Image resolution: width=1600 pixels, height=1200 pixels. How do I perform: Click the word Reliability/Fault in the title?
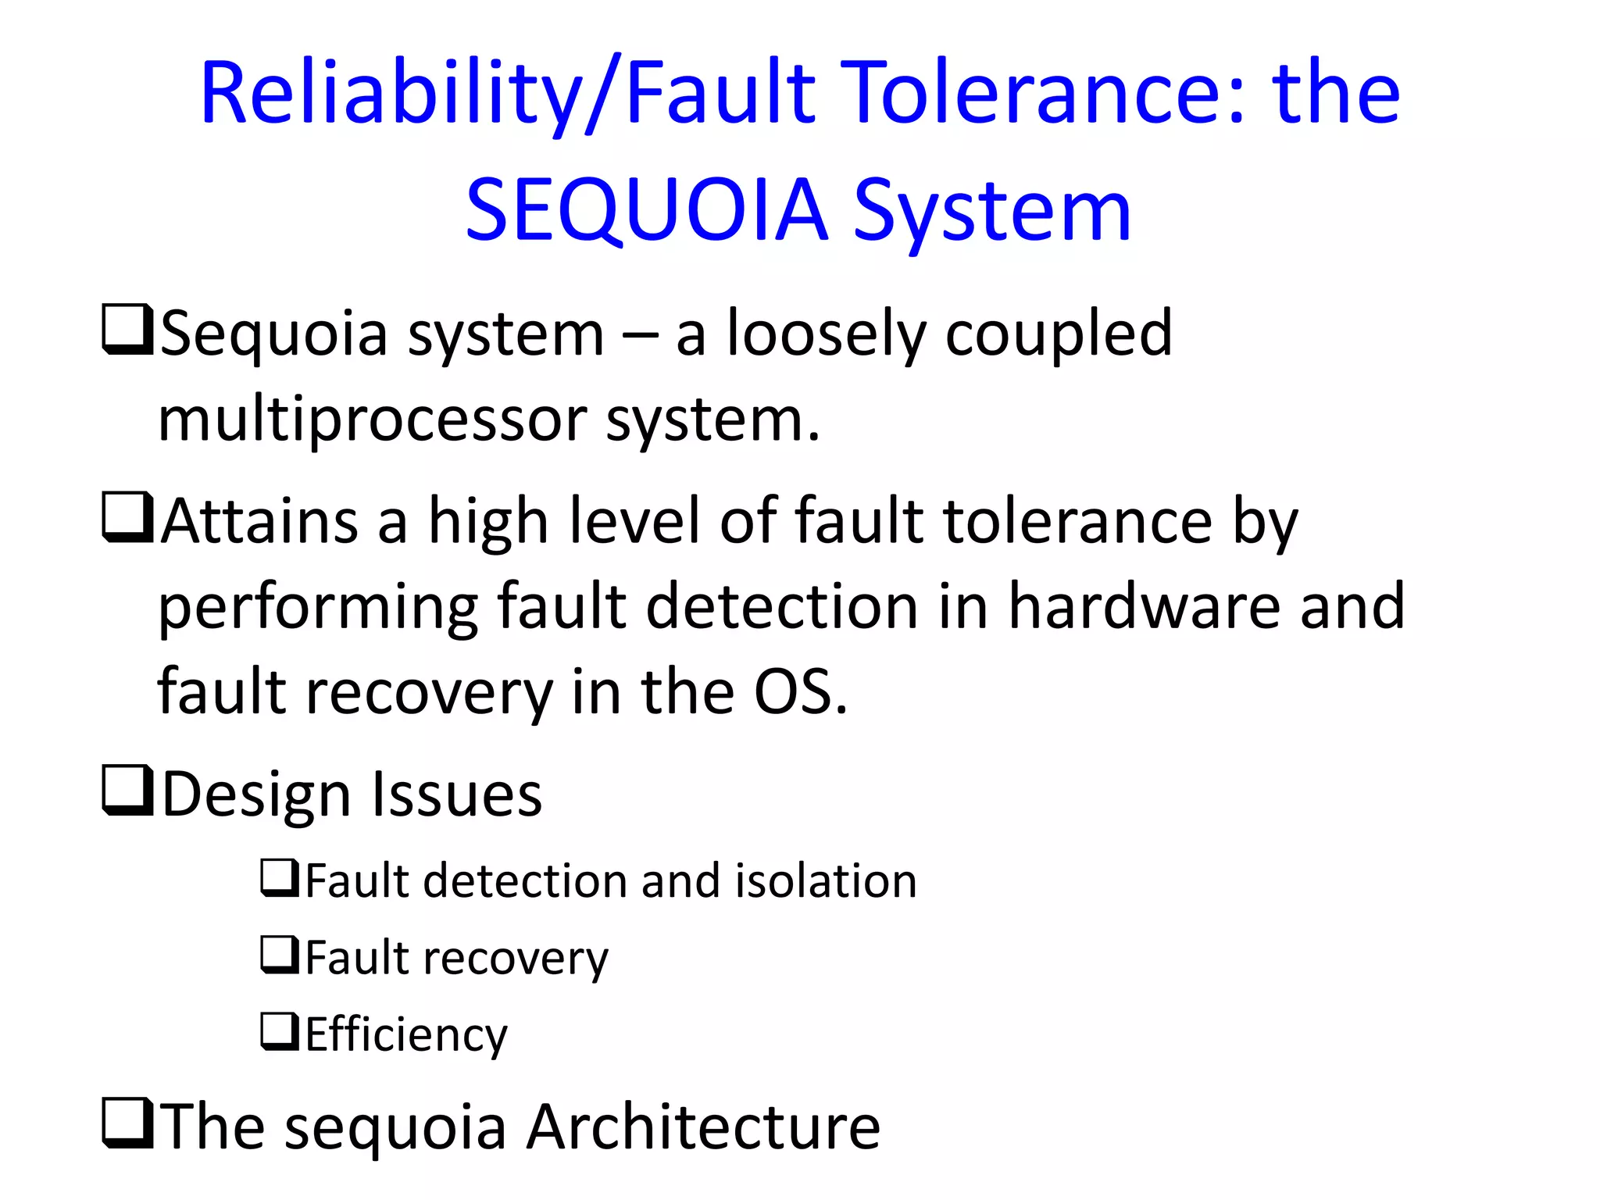click(x=508, y=94)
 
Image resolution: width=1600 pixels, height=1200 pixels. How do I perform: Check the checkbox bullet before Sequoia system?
click(x=127, y=330)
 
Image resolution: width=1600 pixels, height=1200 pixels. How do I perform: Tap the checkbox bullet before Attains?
click(x=127, y=517)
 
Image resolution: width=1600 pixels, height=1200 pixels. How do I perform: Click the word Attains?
click(x=260, y=522)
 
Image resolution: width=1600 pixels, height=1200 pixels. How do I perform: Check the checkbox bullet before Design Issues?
click(x=127, y=791)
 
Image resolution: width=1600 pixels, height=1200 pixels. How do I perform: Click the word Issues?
click(x=456, y=795)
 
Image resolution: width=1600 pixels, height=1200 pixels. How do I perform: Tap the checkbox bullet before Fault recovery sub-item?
click(x=279, y=955)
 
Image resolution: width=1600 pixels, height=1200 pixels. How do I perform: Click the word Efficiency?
click(x=406, y=1035)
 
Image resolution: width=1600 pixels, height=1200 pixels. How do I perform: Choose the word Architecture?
click(x=703, y=1127)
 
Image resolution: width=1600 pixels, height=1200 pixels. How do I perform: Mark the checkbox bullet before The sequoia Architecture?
click(x=127, y=1123)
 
